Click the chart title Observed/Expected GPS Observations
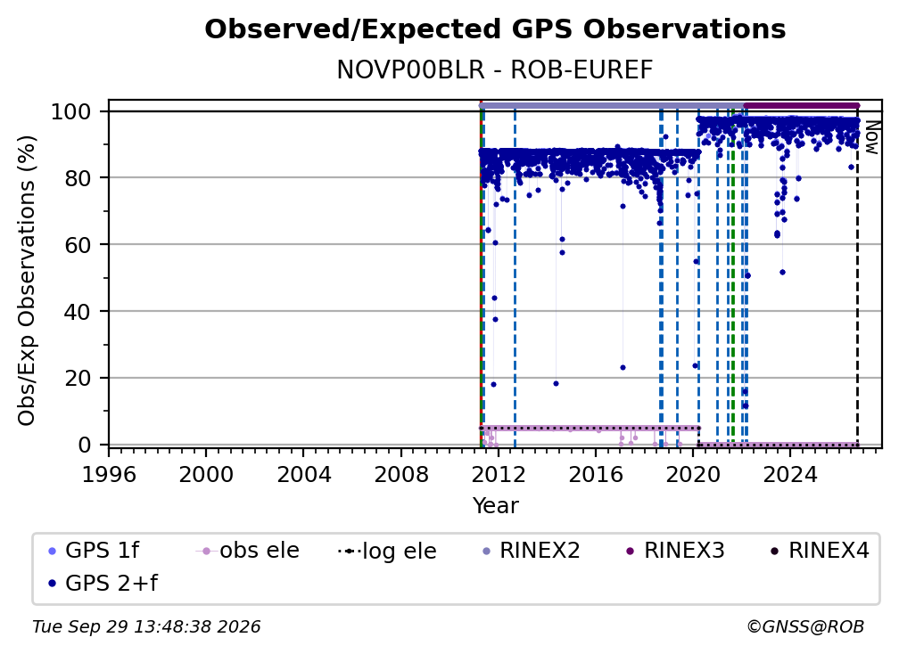(495, 29)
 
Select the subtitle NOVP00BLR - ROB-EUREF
(495, 69)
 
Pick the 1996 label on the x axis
(109, 474)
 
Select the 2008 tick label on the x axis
(400, 474)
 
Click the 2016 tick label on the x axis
(595, 474)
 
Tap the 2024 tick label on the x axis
(789, 474)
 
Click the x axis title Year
(495, 505)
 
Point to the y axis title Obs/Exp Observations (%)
(27, 281)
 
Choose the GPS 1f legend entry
(94, 551)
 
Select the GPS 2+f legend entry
(103, 584)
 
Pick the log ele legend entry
(388, 551)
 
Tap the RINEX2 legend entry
(532, 551)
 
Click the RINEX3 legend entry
(676, 551)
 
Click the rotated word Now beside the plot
(871, 137)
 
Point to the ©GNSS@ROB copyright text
(805, 626)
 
